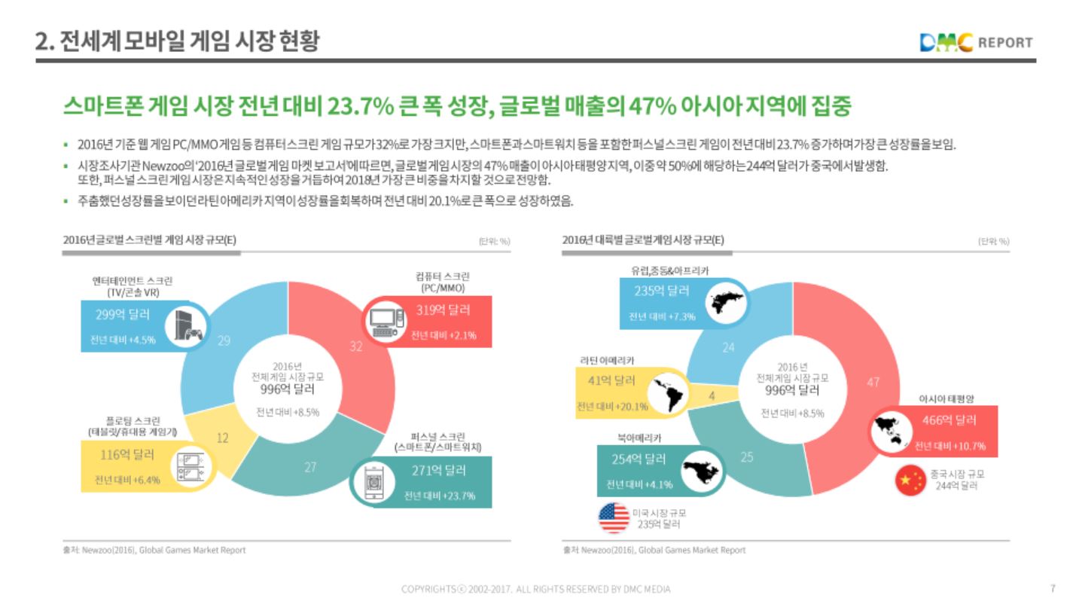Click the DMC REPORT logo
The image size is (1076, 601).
[976, 42]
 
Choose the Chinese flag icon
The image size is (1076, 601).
[910, 480]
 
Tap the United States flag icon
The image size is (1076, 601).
[613, 517]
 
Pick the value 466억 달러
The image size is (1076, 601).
[949, 419]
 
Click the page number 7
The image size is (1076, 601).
[1053, 588]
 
